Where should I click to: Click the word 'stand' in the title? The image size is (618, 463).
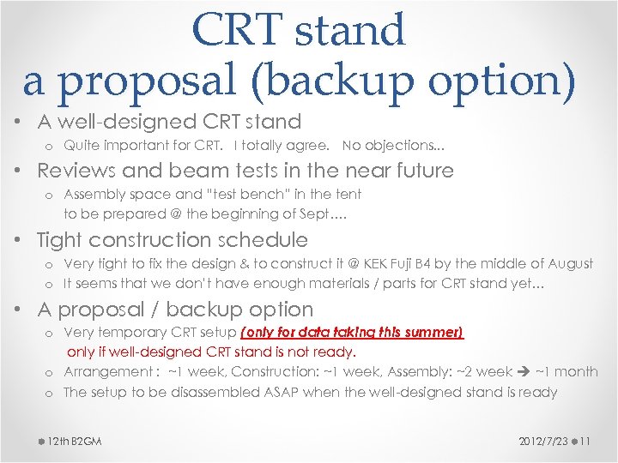(x=350, y=30)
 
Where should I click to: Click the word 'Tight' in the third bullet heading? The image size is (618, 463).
(x=64, y=240)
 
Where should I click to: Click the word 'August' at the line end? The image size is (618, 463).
(x=567, y=263)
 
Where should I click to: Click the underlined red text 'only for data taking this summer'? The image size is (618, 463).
(x=352, y=333)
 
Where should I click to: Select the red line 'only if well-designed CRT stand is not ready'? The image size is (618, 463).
(x=211, y=352)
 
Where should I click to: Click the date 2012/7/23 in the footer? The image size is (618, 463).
(x=542, y=441)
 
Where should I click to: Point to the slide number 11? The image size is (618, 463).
(x=585, y=441)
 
